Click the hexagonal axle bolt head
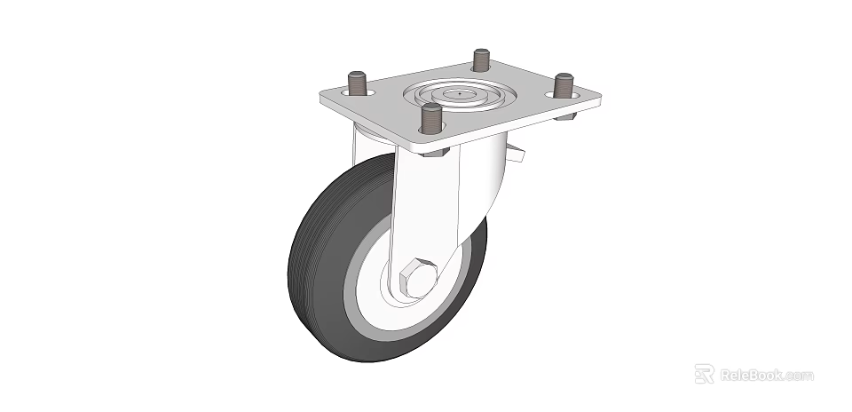pyautogui.click(x=416, y=278)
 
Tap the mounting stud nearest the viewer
pyautogui.click(x=431, y=117)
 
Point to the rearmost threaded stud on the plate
pyautogui.click(x=481, y=60)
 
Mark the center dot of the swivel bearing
pyautogui.click(x=460, y=92)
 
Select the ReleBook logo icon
pyautogui.click(x=704, y=374)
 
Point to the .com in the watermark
pyautogui.click(x=798, y=376)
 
